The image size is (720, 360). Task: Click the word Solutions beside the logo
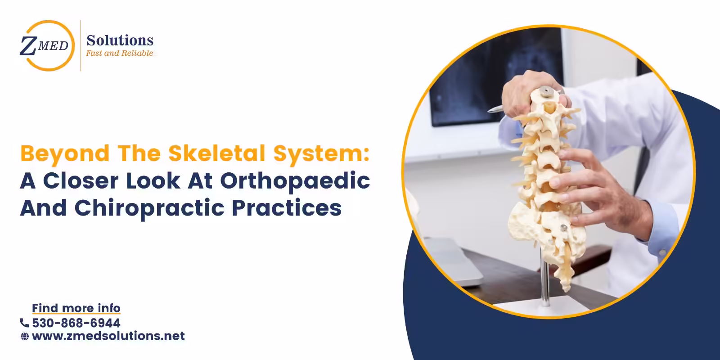tap(120, 40)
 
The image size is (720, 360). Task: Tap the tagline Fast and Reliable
tap(120, 53)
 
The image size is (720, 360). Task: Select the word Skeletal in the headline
tap(220, 153)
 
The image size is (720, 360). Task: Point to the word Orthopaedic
tap(295, 181)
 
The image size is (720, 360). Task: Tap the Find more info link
tap(76, 308)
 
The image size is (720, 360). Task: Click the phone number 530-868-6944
tap(76, 323)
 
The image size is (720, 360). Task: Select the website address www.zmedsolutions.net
tap(108, 336)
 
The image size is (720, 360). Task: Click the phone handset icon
tap(24, 323)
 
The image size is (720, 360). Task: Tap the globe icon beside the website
tap(25, 337)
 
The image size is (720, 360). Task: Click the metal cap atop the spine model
tap(546, 91)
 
